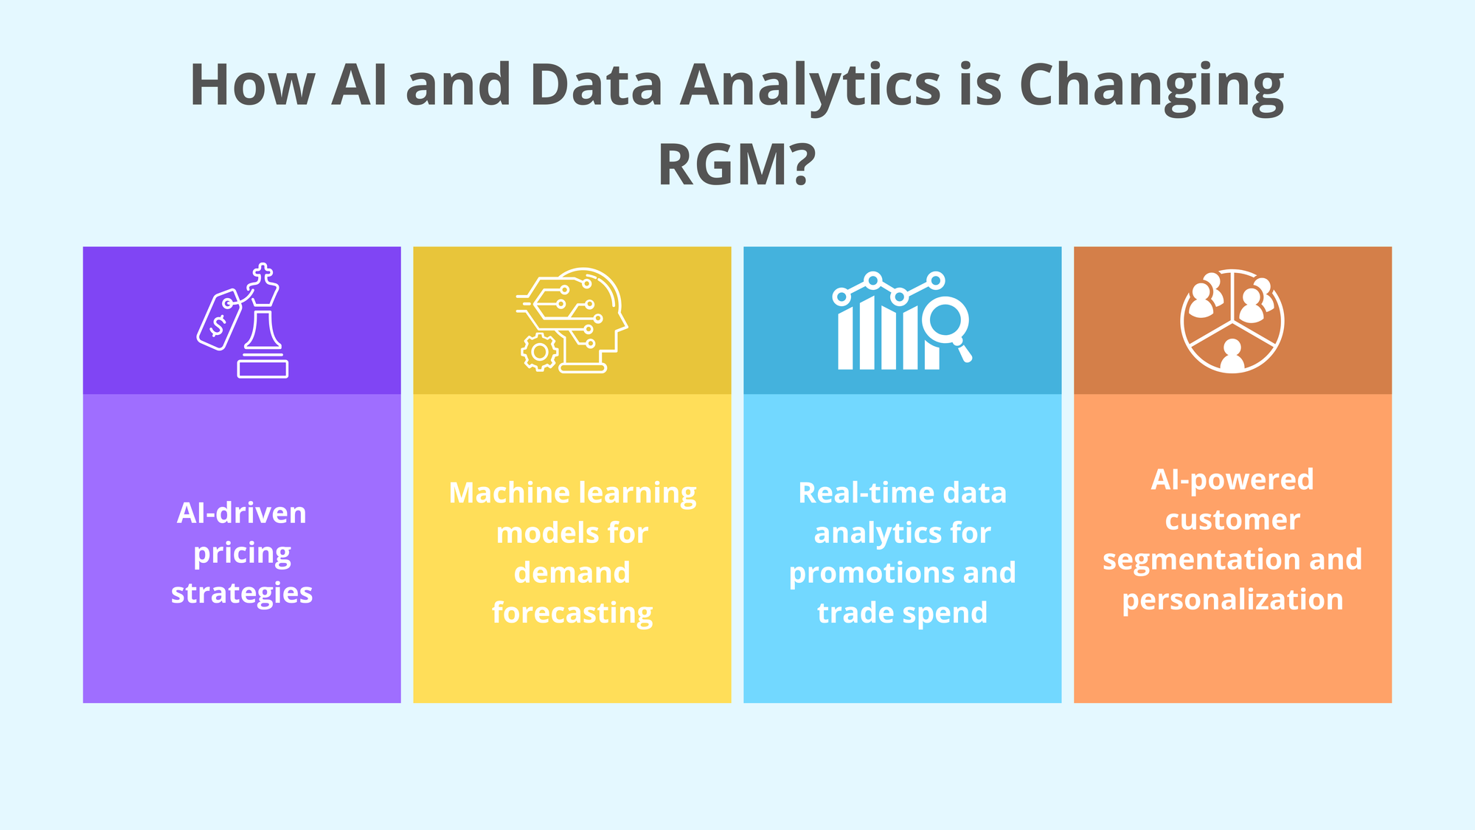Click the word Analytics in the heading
tap(810, 86)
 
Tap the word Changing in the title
tap(1151, 86)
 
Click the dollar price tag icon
tap(219, 319)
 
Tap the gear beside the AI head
tap(540, 352)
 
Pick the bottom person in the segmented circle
tap(1232, 355)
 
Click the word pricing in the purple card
tap(242, 553)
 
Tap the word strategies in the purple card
tap(242, 593)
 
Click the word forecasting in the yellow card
tap(572, 613)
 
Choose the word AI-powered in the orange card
tap(1232, 480)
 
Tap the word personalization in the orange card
tap(1232, 600)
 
